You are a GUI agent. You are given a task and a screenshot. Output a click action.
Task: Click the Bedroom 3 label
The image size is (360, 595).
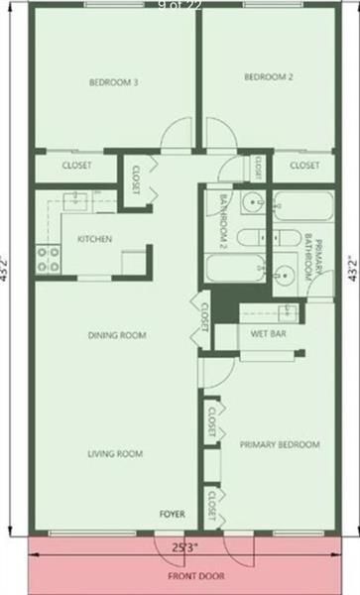113,82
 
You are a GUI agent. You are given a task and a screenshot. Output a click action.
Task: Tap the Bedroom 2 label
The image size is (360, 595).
269,77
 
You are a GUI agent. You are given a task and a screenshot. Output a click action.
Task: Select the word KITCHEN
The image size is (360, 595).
94,239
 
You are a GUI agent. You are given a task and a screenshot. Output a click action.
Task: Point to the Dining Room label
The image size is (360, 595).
117,335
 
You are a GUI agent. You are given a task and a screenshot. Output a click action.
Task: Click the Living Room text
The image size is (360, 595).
115,454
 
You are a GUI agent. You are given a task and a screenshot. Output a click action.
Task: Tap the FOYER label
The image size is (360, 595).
173,514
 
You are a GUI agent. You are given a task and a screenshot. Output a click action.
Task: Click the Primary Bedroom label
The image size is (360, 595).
280,445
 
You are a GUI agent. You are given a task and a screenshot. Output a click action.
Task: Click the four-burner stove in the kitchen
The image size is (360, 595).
48,259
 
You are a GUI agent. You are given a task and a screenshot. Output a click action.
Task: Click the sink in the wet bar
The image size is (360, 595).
287,312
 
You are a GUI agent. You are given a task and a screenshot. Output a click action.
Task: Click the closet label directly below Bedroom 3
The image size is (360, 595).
76,166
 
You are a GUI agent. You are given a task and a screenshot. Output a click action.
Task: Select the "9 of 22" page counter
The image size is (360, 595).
179,6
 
